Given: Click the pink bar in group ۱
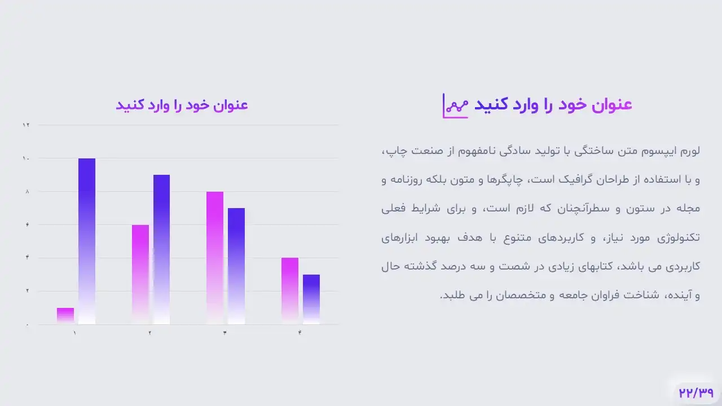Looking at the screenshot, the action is coord(65,316).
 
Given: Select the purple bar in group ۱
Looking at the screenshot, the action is coord(87,241).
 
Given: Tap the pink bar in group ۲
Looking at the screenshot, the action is coord(140,274).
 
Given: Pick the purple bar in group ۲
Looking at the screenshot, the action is coord(161,249).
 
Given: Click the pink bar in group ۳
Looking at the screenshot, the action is coord(215,258).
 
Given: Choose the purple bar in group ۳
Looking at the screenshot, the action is coord(236,266).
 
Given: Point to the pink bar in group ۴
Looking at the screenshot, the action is coord(290,291).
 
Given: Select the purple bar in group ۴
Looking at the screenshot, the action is coord(311,299).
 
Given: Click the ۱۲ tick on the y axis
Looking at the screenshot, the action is coord(26,125).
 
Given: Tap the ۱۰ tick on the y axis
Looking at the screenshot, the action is coord(26,158).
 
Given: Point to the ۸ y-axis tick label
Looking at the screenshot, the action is coord(28,191).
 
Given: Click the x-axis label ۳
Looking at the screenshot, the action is coord(224,333).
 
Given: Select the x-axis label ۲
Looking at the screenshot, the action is coord(150,333).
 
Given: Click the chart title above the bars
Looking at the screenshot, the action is coord(182,105).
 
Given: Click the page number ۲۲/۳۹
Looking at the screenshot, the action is coord(696,393).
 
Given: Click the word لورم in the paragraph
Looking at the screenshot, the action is coord(690,151).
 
